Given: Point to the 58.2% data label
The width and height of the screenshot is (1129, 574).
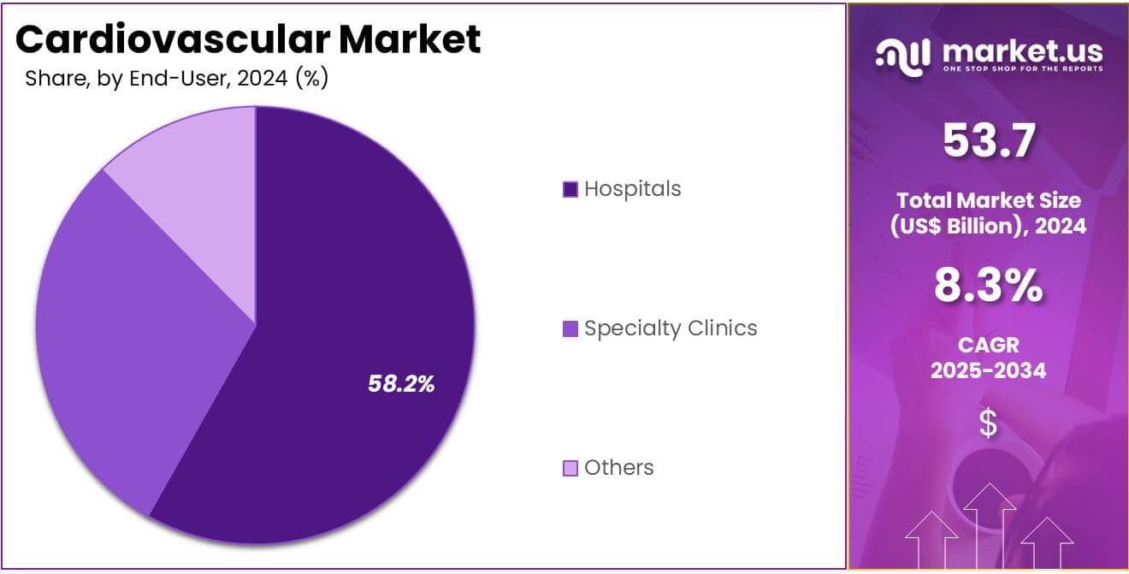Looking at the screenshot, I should pyautogui.click(x=401, y=384).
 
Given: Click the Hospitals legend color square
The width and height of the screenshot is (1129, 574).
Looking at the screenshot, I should pyautogui.click(x=570, y=189).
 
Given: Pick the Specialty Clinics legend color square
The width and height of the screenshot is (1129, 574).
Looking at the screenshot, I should pyautogui.click(x=570, y=328).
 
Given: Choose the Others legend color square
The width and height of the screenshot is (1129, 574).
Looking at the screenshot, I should pyautogui.click(x=570, y=468).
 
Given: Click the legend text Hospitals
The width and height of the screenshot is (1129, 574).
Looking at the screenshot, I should pyautogui.click(x=633, y=189).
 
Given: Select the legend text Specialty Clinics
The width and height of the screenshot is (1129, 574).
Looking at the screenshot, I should pyautogui.click(x=671, y=328).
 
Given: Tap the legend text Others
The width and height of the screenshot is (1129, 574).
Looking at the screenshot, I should pyautogui.click(x=619, y=468).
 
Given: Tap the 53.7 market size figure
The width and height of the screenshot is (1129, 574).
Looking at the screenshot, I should pyautogui.click(x=988, y=141).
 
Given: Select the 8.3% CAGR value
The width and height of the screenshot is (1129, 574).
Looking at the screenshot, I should pyautogui.click(x=988, y=287).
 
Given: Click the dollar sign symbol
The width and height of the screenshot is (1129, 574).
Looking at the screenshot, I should pyautogui.click(x=988, y=423).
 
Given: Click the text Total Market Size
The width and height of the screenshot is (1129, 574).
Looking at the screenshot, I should pyautogui.click(x=988, y=201).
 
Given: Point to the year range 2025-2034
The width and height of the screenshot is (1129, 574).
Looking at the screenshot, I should pyautogui.click(x=988, y=370).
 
